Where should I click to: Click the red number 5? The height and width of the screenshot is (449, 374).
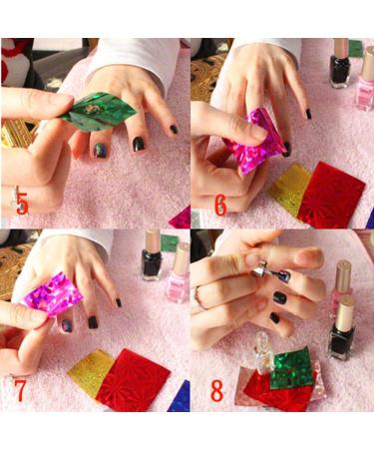pyautogui.click(x=22, y=206)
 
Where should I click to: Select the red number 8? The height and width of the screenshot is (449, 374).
pyautogui.click(x=216, y=390)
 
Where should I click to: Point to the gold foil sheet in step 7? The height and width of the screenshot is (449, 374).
pyautogui.click(x=89, y=370)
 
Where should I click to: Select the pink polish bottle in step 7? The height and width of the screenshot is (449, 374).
pyautogui.click(x=179, y=273)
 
